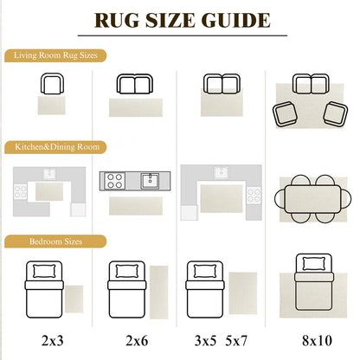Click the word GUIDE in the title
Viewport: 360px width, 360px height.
[x=236, y=20]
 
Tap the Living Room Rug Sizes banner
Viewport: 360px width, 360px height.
[x=55, y=55]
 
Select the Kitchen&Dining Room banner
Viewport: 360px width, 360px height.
[x=55, y=147]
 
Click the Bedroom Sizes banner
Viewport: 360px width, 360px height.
[x=55, y=241]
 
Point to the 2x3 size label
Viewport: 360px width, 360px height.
[x=52, y=341]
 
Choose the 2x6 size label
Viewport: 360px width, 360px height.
[x=137, y=341]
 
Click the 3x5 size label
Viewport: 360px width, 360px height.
[x=205, y=341]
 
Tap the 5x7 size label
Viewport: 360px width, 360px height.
[x=236, y=341]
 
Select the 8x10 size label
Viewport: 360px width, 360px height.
[x=317, y=341]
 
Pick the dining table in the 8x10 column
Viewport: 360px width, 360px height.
[x=312, y=199]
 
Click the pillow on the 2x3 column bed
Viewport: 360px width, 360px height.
[x=44, y=271]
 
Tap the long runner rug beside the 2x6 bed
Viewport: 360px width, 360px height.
[x=158, y=292]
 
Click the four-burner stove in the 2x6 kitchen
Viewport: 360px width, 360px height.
[x=115, y=181]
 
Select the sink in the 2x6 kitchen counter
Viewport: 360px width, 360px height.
[x=150, y=181]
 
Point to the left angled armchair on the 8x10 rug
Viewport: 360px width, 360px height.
[x=285, y=114]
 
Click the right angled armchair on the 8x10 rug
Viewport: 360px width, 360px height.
[x=336, y=114]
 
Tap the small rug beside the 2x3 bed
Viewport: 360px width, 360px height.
[x=74, y=299]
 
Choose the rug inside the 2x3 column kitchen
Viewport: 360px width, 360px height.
[x=49, y=191]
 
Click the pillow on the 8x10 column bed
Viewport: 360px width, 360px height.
[x=314, y=263]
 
